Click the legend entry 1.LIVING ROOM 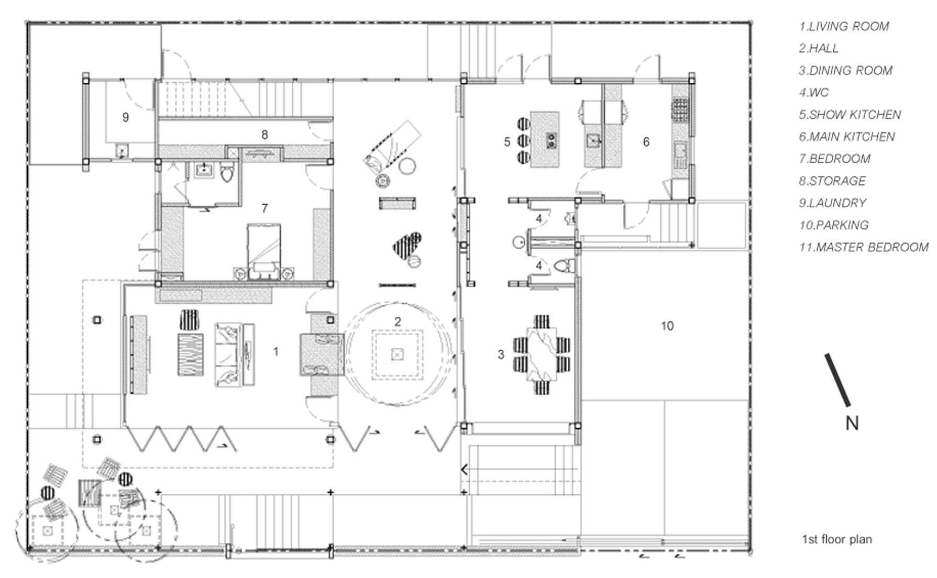pyautogui.click(x=844, y=26)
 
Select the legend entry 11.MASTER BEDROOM pyautogui.click(x=864, y=247)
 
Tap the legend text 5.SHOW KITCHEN pyautogui.click(x=850, y=115)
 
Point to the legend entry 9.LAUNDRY pyautogui.click(x=833, y=203)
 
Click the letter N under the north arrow pyautogui.click(x=852, y=423)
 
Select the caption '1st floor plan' pyautogui.click(x=837, y=539)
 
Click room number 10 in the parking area pyautogui.click(x=667, y=326)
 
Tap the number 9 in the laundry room pyautogui.click(x=126, y=117)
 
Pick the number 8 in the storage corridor pyautogui.click(x=264, y=135)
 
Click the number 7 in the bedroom pyautogui.click(x=264, y=208)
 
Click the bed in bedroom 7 pyautogui.click(x=264, y=250)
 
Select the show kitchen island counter pyautogui.click(x=545, y=139)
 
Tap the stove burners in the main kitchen pyautogui.click(x=680, y=110)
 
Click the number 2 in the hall pyautogui.click(x=398, y=321)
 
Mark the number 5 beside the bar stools pyautogui.click(x=507, y=142)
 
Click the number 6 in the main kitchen pyautogui.click(x=646, y=142)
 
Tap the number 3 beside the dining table pyautogui.click(x=501, y=354)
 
